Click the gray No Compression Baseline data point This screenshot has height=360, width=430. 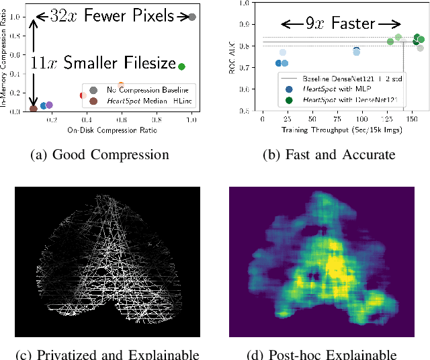pos(192,17)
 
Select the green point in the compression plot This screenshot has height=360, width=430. pos(181,66)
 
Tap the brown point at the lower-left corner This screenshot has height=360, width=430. pos(34,109)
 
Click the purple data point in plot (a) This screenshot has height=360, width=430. pos(49,105)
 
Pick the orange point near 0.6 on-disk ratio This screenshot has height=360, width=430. pos(121,86)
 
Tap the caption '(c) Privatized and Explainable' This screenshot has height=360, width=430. pos(107,354)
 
